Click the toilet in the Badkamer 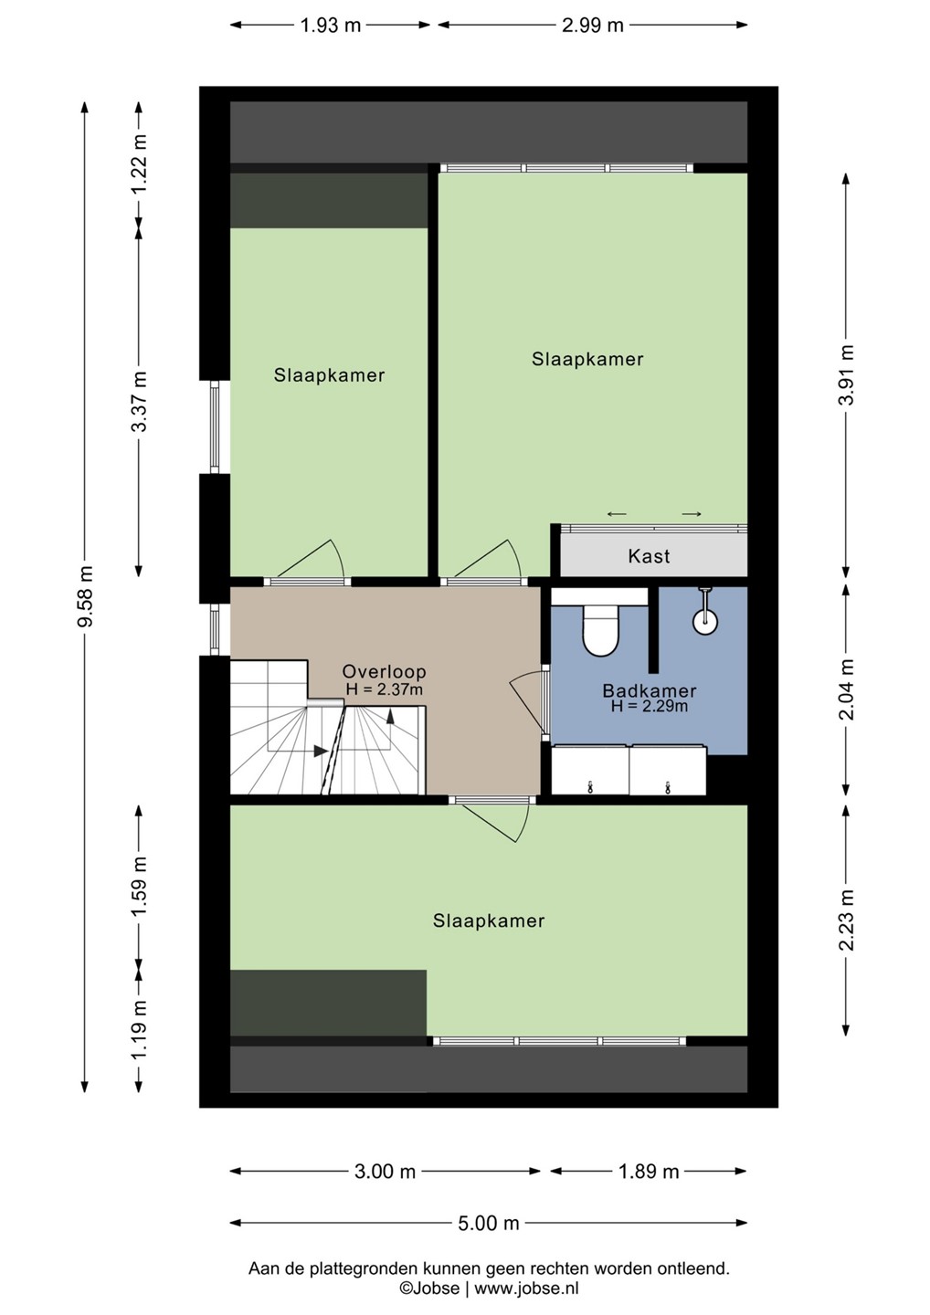pos(600,630)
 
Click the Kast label pos(649,556)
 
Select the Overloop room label pos(384,671)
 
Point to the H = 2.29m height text pos(649,706)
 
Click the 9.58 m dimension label pos(85,596)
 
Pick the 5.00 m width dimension pos(489,1224)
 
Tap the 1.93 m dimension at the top pos(331,26)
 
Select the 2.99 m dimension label pos(592,26)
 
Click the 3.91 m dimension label pos(846,374)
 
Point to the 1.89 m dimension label pos(649,1172)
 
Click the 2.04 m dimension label pos(846,689)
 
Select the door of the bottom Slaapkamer pos(491,823)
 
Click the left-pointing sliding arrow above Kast pos(617,514)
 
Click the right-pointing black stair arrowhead pos(321,751)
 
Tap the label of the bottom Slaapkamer pos(489,920)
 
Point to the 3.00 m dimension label pos(385,1172)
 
